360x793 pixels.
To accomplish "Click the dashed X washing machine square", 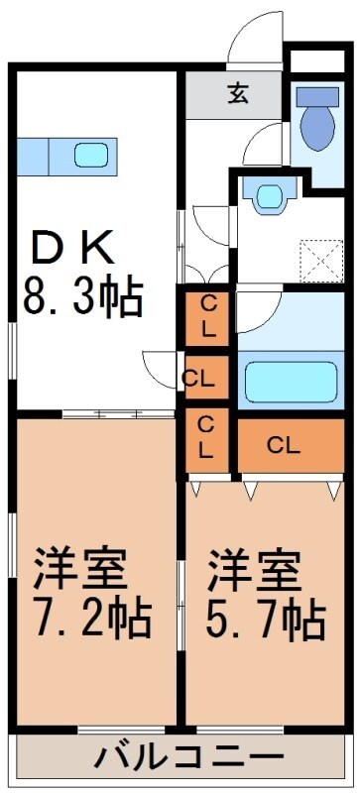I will coord(321,257).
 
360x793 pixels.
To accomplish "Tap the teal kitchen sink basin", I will coord(92,155).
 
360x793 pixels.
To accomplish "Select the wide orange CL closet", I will coord(285,445).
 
